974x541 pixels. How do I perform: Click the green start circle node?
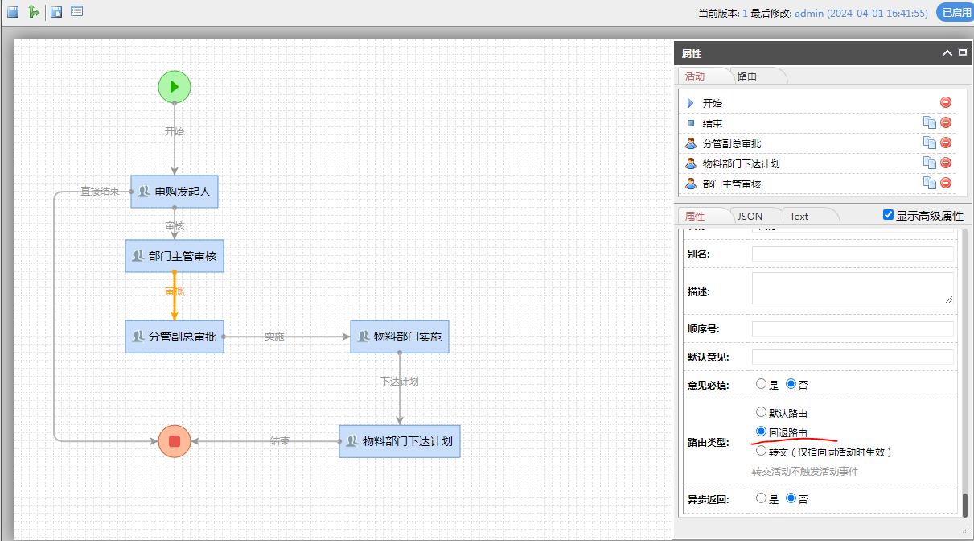[x=175, y=86]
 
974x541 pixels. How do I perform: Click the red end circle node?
[x=175, y=440]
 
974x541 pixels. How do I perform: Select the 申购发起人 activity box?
[x=175, y=192]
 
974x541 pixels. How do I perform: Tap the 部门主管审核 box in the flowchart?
[x=175, y=256]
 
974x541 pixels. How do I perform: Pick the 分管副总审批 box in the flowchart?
[x=175, y=337]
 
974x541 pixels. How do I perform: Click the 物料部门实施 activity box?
[x=400, y=337]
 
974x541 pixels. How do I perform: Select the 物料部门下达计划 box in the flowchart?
[x=400, y=441]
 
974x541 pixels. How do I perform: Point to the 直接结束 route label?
[x=100, y=192]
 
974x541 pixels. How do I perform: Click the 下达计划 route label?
[x=400, y=381]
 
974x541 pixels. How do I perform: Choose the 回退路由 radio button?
[x=762, y=432]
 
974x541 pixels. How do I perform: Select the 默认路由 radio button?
[x=762, y=412]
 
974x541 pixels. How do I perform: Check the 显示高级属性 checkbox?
[x=888, y=215]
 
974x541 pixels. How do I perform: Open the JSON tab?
[x=750, y=216]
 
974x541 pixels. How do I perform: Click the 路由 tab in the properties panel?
[x=747, y=76]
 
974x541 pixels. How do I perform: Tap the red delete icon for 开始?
[x=946, y=102]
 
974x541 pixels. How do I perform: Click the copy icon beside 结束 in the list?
[x=929, y=122]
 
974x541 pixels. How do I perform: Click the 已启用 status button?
[x=955, y=12]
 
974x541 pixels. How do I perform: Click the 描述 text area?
[x=853, y=288]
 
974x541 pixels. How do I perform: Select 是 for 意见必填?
[x=762, y=384]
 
